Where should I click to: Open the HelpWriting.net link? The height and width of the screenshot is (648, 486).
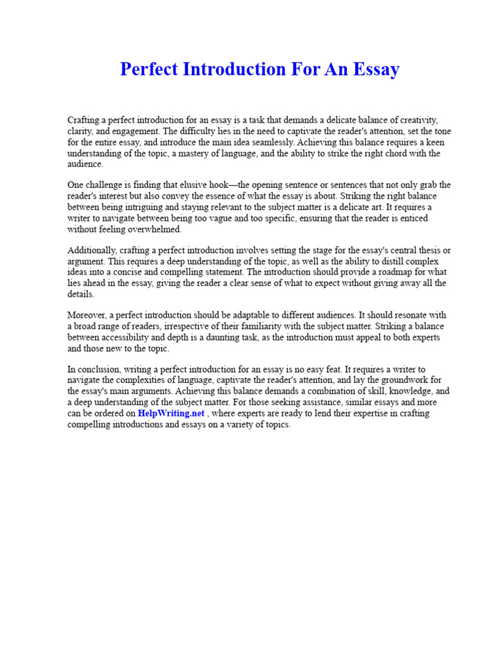(171, 414)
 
